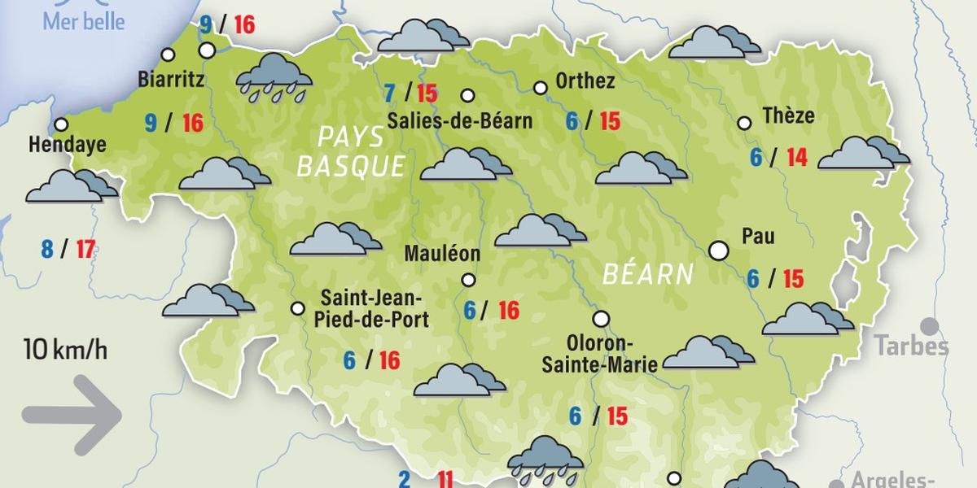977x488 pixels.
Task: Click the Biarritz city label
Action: tap(171, 80)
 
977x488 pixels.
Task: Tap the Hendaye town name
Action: tap(68, 145)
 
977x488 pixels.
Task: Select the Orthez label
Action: tap(585, 81)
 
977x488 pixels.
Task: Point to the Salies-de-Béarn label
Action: tap(460, 121)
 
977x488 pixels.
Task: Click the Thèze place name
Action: tap(788, 115)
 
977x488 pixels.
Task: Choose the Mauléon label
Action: tap(442, 254)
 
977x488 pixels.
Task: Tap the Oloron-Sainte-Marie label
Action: tap(600, 353)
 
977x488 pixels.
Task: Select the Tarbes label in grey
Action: tap(912, 346)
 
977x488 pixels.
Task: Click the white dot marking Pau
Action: tap(719, 251)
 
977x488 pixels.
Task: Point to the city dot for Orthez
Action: tap(540, 88)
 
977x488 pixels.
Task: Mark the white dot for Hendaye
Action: tap(61, 124)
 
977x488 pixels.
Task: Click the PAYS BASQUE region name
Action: tap(351, 151)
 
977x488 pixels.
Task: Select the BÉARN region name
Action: tap(647, 274)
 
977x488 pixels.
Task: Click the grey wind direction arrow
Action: tap(72, 416)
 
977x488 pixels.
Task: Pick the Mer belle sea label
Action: tap(85, 21)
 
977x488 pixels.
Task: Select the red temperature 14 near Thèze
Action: tap(797, 157)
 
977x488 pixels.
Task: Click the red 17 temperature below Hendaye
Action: tap(85, 248)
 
